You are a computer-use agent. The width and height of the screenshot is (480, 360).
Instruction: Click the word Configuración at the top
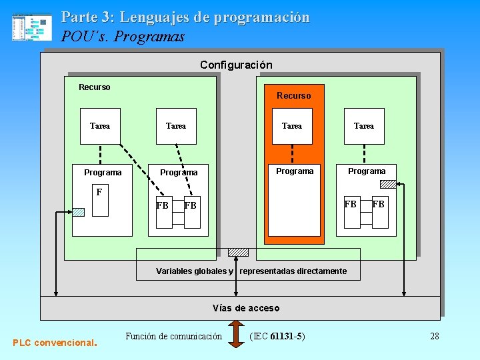236,65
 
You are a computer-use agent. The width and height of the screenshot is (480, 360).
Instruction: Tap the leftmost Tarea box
100,126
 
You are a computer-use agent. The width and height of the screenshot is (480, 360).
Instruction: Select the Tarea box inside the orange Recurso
292,126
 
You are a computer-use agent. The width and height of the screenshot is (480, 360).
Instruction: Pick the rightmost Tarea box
364,126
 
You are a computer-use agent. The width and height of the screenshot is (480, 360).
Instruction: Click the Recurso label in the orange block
294,95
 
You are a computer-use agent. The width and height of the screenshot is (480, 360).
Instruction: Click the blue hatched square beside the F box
78,212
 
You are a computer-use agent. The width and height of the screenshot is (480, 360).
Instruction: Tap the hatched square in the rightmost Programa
387,185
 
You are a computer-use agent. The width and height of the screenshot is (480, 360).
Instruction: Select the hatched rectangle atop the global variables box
238,252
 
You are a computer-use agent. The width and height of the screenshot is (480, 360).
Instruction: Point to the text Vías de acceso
246,308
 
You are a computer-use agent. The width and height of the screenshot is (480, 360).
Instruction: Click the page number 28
435,336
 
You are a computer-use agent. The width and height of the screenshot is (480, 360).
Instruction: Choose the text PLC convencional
55,343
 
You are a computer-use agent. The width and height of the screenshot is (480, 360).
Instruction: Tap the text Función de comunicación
173,336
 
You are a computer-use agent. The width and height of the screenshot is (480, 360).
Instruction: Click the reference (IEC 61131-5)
277,336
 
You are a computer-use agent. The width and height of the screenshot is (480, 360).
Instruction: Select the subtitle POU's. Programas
123,37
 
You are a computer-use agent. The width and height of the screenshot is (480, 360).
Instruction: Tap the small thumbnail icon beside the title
31,27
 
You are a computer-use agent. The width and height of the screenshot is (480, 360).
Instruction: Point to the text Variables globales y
195,271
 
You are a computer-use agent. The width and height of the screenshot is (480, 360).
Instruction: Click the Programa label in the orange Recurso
295,171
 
